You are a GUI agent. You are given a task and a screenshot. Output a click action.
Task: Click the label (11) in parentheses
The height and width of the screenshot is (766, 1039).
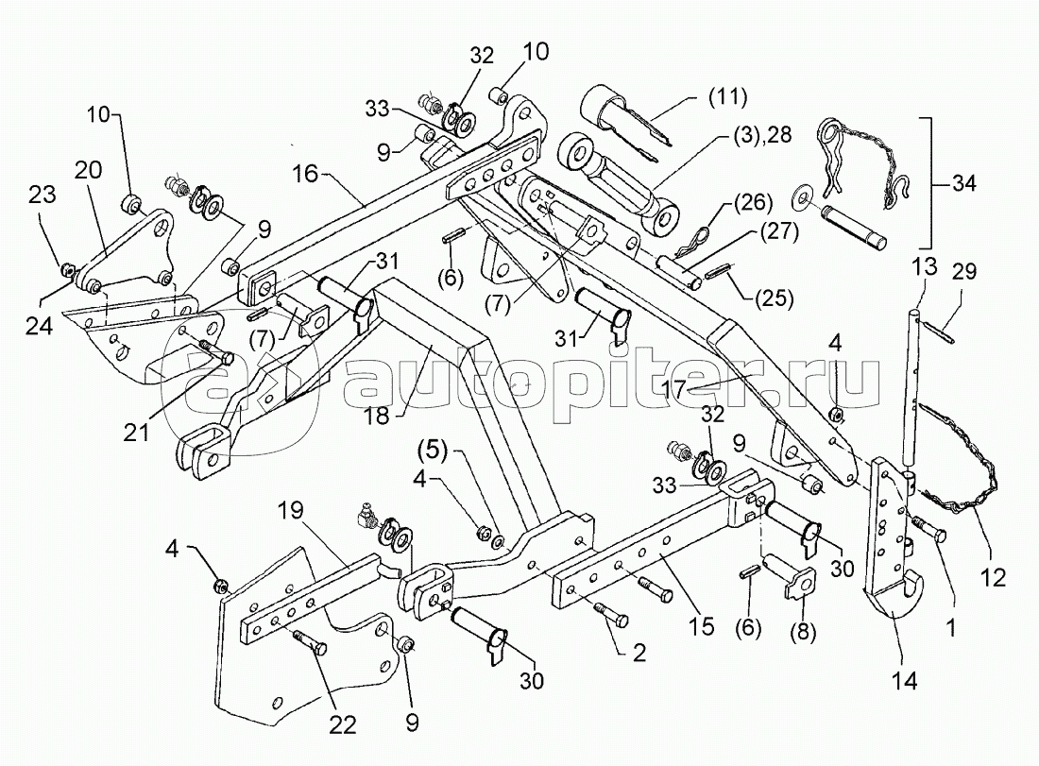(x=726, y=96)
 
